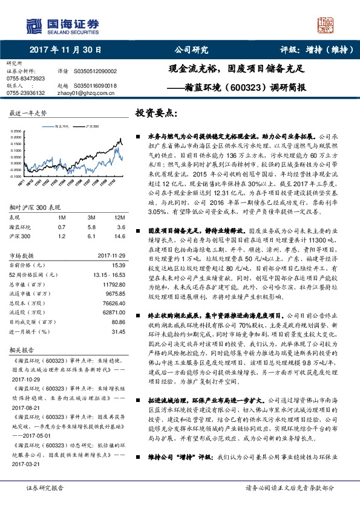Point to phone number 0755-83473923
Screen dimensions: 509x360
click(25, 78)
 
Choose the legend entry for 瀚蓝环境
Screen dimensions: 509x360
click(62, 127)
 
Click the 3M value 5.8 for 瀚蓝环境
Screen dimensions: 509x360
click(91, 226)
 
